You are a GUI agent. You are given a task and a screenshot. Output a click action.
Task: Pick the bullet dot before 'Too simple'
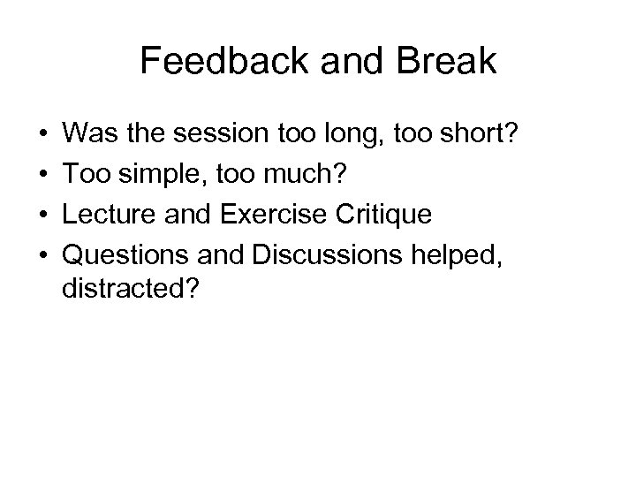[43, 177]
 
